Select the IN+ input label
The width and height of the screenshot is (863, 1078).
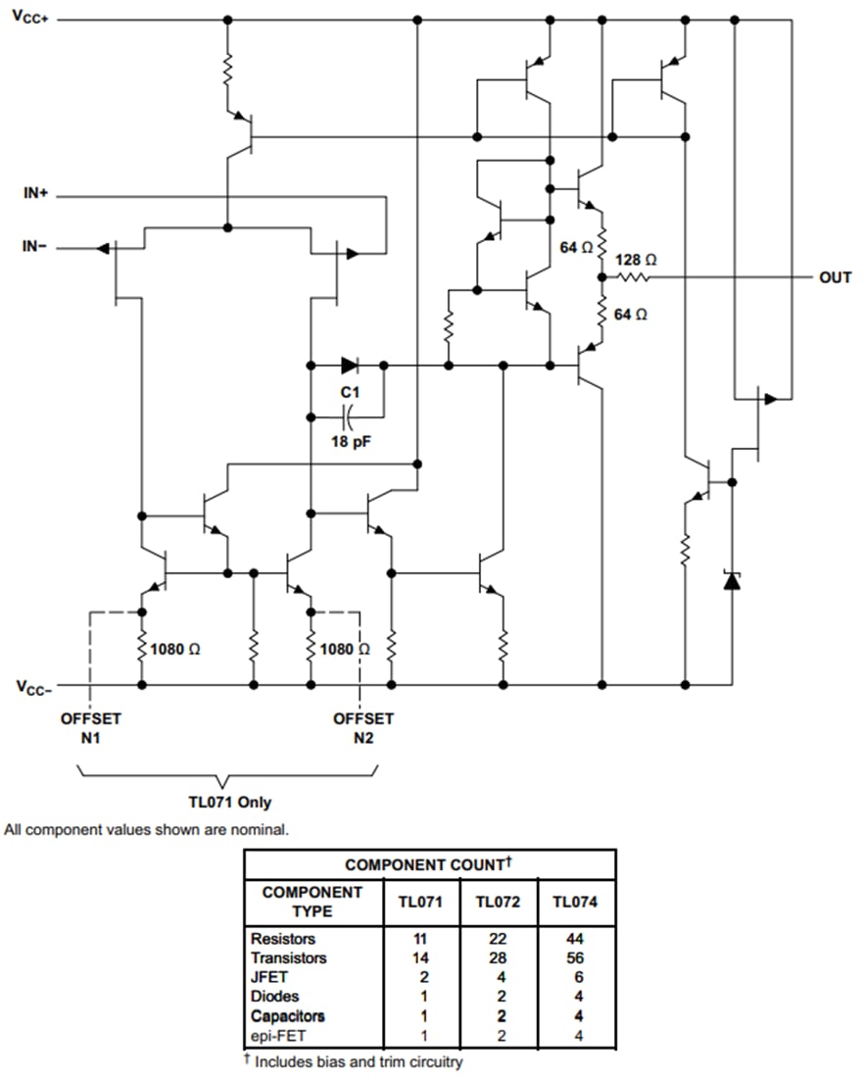click(35, 194)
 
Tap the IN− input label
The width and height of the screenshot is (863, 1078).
click(35, 246)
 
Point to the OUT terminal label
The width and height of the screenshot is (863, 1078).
click(835, 278)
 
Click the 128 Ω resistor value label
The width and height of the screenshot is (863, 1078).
click(636, 260)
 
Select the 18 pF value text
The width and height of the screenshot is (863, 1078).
click(350, 441)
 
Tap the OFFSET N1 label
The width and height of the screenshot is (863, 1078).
click(91, 727)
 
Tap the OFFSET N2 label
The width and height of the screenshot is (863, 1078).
click(363, 727)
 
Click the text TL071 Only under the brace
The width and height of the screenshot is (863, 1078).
click(230, 802)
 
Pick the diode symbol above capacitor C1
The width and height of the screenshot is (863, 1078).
click(350, 366)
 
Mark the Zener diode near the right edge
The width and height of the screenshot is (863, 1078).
click(732, 579)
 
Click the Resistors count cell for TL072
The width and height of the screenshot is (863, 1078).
click(499, 939)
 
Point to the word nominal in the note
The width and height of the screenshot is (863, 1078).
click(260, 830)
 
